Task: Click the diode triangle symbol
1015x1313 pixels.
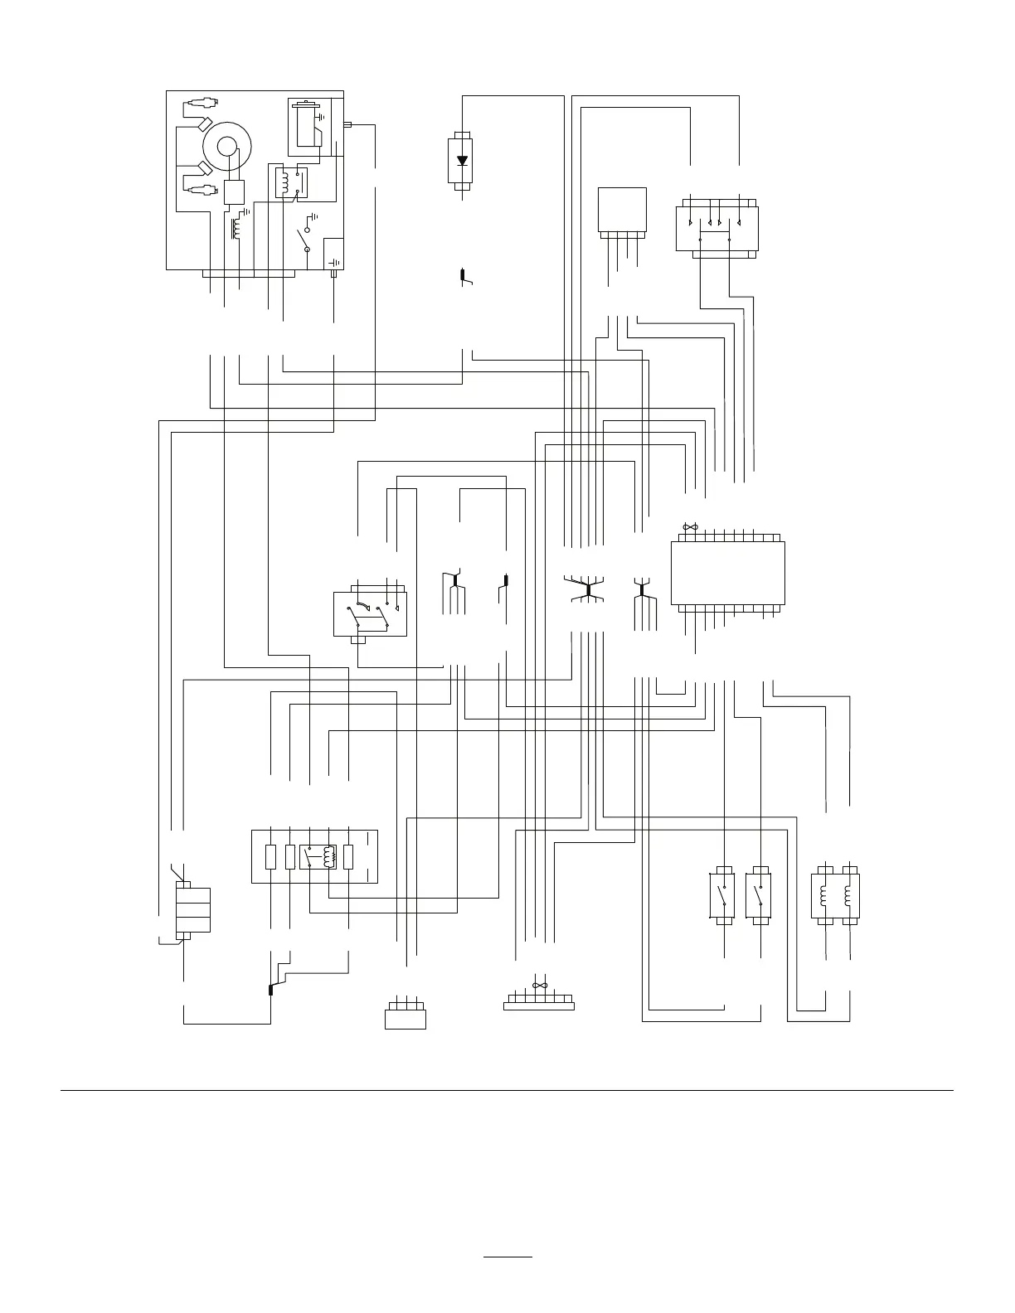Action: click(463, 161)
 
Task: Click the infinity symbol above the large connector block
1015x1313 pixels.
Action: click(687, 526)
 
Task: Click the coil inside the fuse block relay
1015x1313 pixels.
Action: click(329, 856)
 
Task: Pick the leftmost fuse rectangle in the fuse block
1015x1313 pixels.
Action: click(270, 856)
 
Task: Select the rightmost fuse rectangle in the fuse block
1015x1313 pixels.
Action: click(348, 856)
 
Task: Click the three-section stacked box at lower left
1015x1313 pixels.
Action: click(193, 910)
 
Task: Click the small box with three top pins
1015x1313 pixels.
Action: click(406, 1017)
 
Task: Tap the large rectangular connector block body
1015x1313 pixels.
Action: click(727, 573)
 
